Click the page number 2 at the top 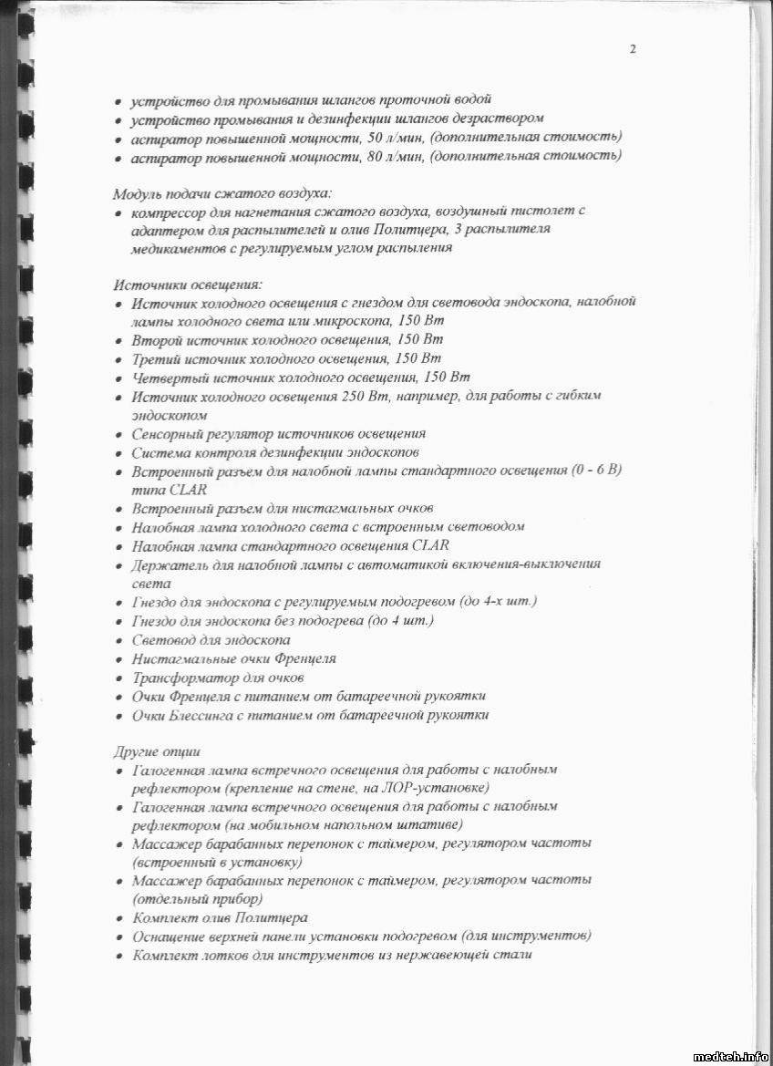(633, 49)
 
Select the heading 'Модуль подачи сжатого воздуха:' (222, 193)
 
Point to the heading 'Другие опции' (157, 751)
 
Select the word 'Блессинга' (205, 715)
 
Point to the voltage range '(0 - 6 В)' (596, 471)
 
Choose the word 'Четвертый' (169, 378)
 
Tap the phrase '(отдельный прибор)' (186, 898)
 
